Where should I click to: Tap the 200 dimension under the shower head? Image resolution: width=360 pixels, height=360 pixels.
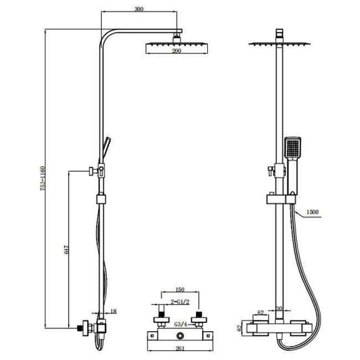176,50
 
